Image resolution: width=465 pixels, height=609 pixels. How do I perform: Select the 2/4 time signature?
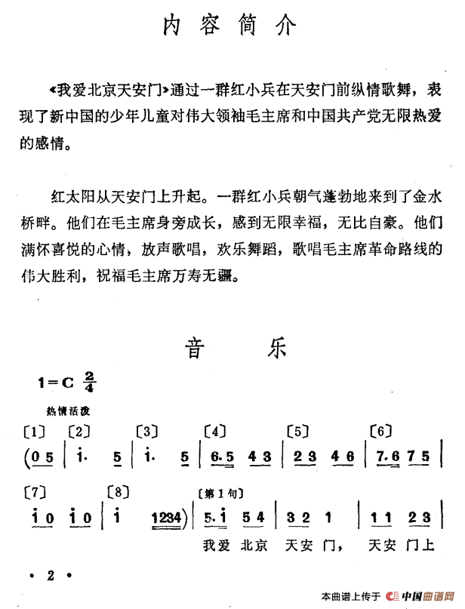(91, 382)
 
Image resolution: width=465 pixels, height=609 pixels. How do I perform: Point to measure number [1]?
(35, 432)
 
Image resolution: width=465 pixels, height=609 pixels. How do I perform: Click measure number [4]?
(216, 432)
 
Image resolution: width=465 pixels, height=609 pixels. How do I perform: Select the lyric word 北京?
(254, 543)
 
